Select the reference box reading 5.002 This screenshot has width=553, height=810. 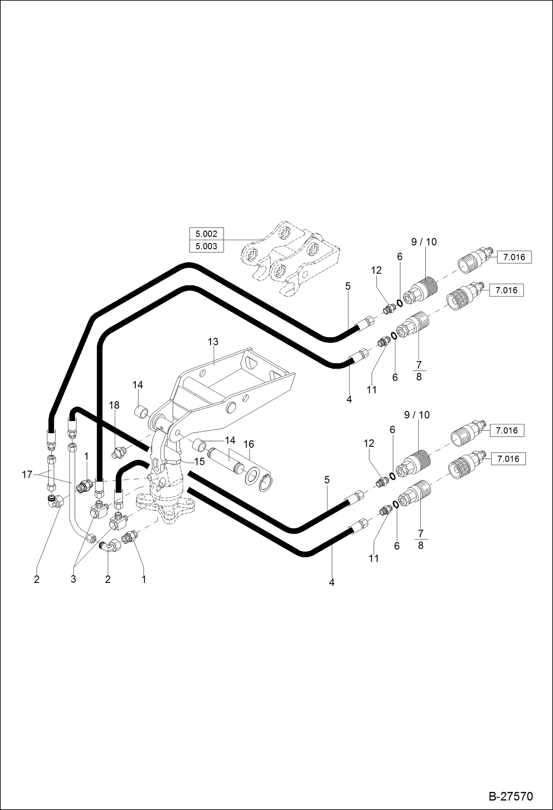pyautogui.click(x=206, y=234)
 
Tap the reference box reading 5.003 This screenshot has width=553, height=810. pyautogui.click(x=206, y=246)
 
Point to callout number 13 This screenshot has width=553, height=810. pyautogui.click(x=213, y=342)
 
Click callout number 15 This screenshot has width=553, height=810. pyautogui.click(x=199, y=462)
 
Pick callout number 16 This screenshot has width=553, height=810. pyautogui.click(x=249, y=444)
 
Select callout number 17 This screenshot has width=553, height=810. pyautogui.click(x=27, y=474)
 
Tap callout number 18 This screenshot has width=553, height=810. pyautogui.click(x=114, y=405)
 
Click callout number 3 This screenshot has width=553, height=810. pyautogui.click(x=73, y=579)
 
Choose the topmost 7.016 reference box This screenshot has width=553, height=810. pyautogui.click(x=514, y=257)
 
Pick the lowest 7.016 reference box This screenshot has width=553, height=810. pyautogui.click(x=508, y=459)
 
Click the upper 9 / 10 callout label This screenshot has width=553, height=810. pyautogui.click(x=424, y=242)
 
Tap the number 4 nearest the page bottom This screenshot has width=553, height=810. pyautogui.click(x=332, y=582)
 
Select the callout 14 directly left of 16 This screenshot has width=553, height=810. pyautogui.click(x=230, y=440)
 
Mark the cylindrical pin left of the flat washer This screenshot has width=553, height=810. pyautogui.click(x=225, y=460)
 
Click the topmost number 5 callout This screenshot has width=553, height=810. pyautogui.click(x=348, y=286)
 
